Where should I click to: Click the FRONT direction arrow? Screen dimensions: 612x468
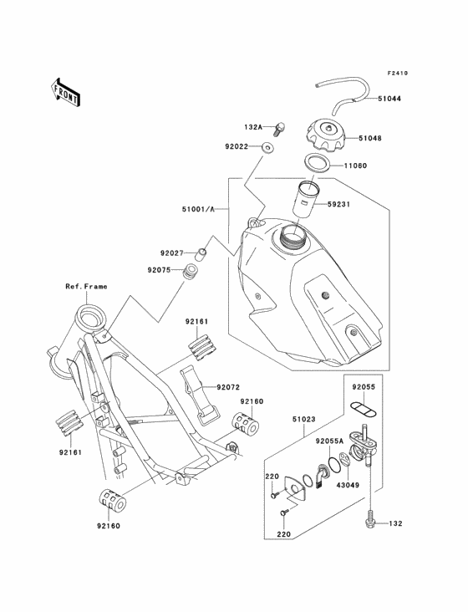point(65,91)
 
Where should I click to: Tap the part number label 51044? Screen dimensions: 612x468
point(388,98)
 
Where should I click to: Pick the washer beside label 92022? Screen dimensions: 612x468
point(266,147)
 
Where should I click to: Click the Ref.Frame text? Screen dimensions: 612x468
point(86,286)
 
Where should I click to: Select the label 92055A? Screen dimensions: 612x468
point(331,439)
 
